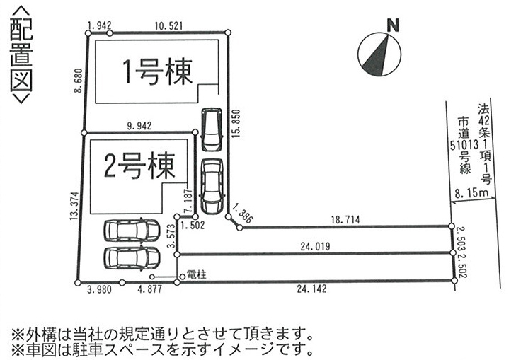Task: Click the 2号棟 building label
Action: pos(139,168)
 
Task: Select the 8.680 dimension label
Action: pos(77,81)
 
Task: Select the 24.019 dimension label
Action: pos(314,247)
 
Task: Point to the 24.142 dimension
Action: pos(314,289)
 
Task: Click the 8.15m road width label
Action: pos(473,192)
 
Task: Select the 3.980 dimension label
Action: pos(99,289)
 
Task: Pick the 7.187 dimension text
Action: pos(188,199)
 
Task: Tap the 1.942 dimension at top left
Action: pos(98,25)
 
